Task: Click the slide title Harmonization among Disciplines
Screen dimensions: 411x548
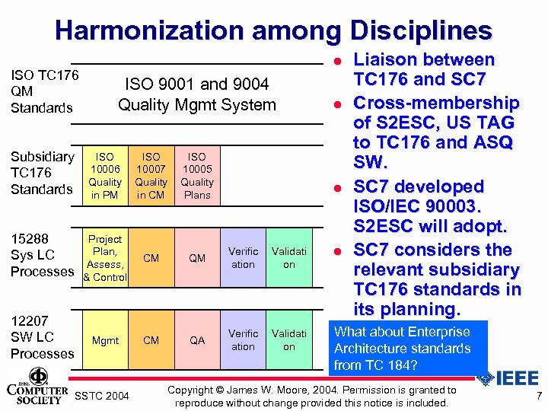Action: point(273,30)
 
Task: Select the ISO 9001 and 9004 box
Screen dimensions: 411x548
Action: point(197,94)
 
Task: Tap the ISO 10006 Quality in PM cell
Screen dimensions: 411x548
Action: point(105,176)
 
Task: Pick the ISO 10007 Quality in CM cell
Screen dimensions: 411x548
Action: point(151,176)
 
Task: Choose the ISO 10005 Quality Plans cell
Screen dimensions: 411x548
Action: point(197,176)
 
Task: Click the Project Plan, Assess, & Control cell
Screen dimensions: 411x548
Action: point(105,258)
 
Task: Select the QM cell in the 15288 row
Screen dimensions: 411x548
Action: point(197,258)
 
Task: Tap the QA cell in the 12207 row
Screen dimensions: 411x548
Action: point(197,340)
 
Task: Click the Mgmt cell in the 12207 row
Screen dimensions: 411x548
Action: point(105,340)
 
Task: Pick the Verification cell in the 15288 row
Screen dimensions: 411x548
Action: point(243,258)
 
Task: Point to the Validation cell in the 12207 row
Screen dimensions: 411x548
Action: point(289,340)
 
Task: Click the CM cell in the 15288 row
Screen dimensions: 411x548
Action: point(151,258)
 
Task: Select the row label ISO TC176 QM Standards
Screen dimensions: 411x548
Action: point(44,91)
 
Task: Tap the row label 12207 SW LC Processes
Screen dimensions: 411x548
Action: point(42,337)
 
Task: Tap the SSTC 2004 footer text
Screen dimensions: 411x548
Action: point(103,396)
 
